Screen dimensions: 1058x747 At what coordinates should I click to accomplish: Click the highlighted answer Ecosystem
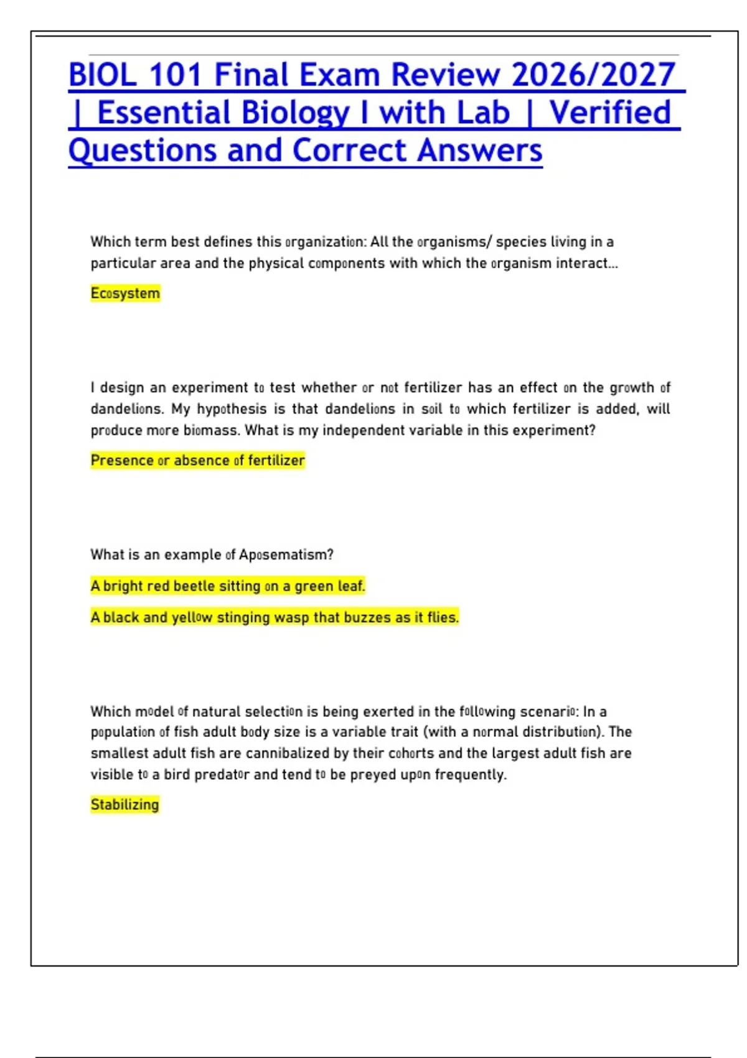pos(125,293)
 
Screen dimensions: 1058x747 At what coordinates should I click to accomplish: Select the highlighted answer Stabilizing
pos(125,805)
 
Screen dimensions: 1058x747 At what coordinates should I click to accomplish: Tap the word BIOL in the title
pos(103,75)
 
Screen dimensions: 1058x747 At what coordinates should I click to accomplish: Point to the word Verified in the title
pos(610,113)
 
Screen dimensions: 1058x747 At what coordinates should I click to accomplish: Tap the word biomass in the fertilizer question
pos(212,430)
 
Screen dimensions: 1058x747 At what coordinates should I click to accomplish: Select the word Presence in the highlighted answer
pos(122,461)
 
